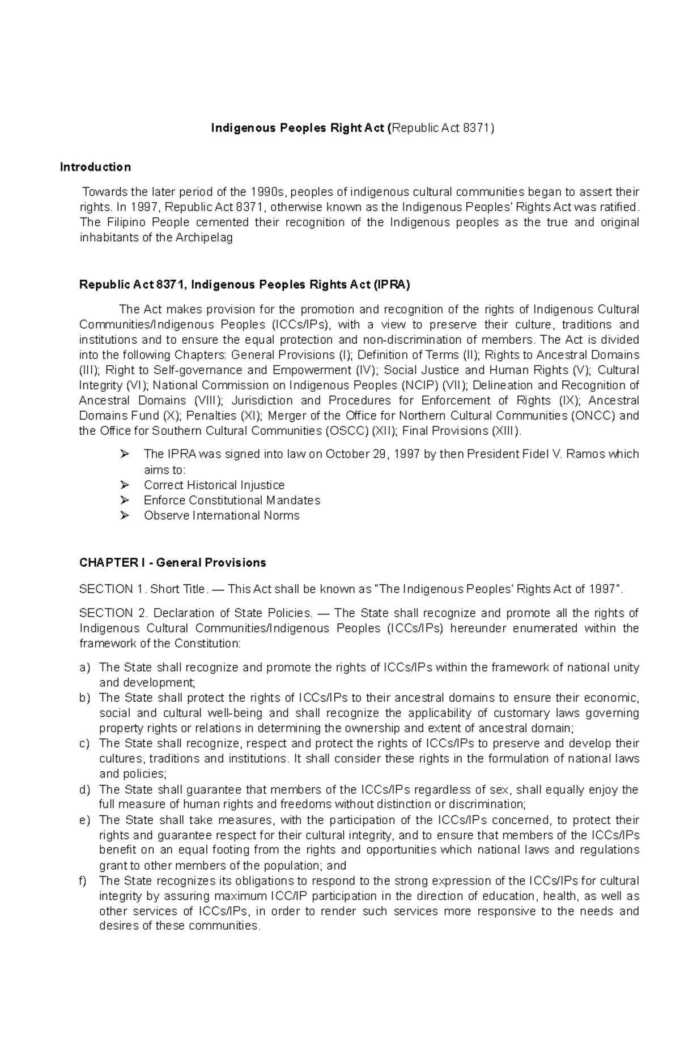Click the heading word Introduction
95,167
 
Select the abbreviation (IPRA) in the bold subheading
391,285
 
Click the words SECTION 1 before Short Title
113,589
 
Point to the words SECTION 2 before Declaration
114,613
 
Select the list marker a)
85,668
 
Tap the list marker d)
85,790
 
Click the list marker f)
83,881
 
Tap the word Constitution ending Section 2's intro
207,644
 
